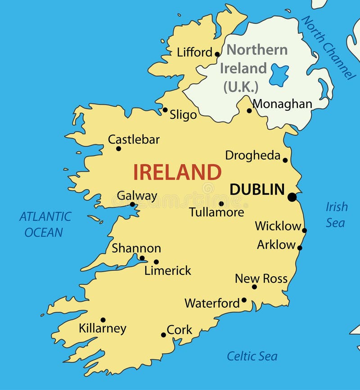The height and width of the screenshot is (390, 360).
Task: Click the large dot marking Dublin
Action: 292,197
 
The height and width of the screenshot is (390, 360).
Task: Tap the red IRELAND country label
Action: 177,172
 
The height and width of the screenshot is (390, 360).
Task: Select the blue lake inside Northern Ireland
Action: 279,75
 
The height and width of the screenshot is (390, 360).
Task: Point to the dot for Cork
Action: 163,335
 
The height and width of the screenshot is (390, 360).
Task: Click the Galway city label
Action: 137,196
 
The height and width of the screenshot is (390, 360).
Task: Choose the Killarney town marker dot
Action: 103,320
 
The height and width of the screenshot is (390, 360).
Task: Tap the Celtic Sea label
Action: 252,356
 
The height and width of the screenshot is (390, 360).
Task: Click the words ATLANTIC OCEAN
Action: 45,224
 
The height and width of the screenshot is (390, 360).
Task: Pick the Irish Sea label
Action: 336,215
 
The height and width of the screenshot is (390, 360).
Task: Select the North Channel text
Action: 328,47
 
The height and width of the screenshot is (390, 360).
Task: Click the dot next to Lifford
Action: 217,54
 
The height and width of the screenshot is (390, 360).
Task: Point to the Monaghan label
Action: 282,104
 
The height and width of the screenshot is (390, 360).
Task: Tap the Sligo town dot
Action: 165,110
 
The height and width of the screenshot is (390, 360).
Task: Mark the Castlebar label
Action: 134,139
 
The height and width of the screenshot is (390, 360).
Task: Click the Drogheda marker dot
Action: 285,160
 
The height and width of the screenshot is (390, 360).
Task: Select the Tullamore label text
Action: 216,212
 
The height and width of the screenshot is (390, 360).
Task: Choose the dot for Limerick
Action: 156,262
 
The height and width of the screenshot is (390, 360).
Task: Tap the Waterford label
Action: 212,303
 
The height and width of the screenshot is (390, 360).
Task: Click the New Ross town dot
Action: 254,287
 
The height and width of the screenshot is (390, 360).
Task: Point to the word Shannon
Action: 136,248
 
